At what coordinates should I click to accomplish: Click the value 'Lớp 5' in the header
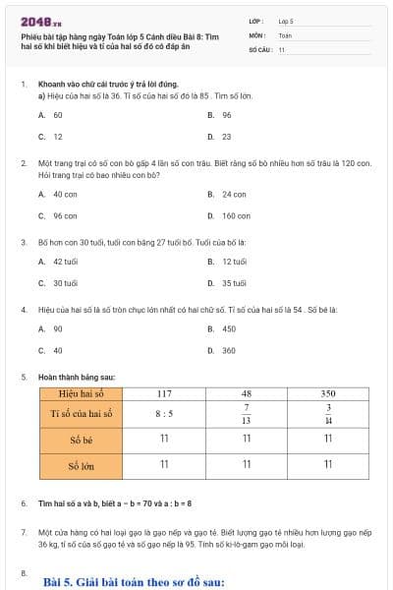point(287,20)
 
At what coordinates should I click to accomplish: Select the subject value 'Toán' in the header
point(285,34)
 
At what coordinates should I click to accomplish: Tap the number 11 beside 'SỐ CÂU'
point(281,49)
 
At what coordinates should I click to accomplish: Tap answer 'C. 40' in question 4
point(50,350)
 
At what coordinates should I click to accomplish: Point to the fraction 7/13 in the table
point(247,414)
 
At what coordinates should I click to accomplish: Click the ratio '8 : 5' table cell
point(164,414)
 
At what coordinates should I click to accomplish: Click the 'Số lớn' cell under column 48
point(247,464)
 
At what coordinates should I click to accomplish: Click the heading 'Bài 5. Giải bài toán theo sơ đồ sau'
point(135,581)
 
